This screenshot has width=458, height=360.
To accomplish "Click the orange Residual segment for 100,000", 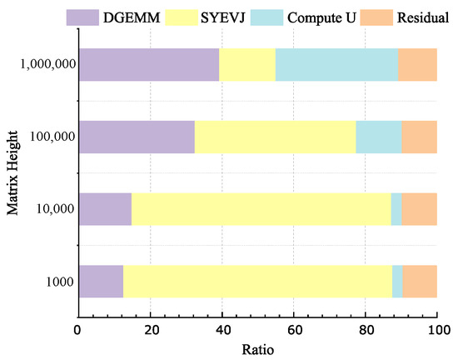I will coord(420,137).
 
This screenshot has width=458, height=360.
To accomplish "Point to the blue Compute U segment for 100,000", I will coord(379,137).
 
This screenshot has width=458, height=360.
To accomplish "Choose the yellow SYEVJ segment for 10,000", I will coord(261,209).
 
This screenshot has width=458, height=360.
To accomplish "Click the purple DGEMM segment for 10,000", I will coord(104,209).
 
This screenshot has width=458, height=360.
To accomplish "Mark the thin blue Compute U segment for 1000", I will coord(397,282).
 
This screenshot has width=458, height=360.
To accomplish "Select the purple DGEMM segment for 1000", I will coord(100,282).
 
